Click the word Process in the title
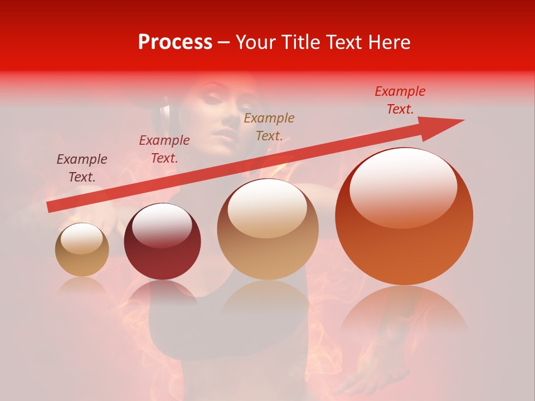175,42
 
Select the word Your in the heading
254,42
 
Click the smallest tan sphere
82,250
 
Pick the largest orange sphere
404,217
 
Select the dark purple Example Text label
82,168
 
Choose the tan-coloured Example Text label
269,126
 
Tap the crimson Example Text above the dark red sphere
164,149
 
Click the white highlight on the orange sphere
403,187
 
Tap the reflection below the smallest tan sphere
82,285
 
